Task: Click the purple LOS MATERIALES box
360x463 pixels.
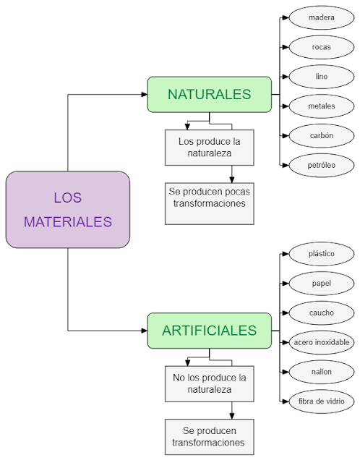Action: tap(68, 209)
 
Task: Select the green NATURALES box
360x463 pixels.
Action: tap(209, 95)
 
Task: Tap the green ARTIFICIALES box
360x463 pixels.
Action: tap(209, 331)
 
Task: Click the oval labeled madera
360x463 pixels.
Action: tap(321, 17)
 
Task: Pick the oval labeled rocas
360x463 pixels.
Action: tap(321, 47)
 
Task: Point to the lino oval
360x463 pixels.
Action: tap(321, 77)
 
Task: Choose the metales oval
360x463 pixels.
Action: tap(321, 106)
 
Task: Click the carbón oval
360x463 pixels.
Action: tap(321, 136)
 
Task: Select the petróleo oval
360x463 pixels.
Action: tap(321, 166)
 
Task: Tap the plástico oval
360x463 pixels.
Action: tap(321, 254)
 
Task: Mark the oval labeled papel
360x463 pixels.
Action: tap(321, 284)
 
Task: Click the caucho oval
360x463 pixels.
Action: tap(321, 313)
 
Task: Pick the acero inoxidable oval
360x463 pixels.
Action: tap(321, 342)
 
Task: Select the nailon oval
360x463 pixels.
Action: tap(321, 372)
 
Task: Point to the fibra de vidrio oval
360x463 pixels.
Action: tap(321, 402)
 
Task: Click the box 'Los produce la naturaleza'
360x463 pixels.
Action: tap(209, 147)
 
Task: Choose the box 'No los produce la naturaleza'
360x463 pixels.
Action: tap(209, 383)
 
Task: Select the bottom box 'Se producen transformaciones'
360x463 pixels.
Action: tap(209, 437)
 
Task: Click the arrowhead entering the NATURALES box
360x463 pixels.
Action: tap(143, 95)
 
